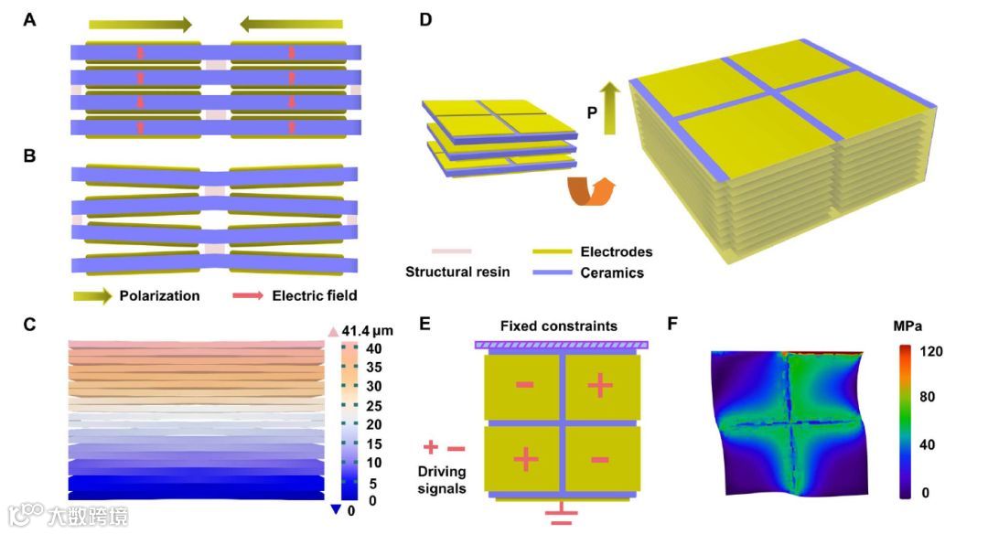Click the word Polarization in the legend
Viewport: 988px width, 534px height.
pos(159,295)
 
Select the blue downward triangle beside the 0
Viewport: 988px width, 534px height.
pos(336,509)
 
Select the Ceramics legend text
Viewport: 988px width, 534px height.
pos(612,272)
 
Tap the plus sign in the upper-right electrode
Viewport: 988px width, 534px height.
pos(600,386)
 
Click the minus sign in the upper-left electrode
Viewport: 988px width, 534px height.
pos(525,385)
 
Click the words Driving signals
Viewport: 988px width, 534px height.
pos(443,480)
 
